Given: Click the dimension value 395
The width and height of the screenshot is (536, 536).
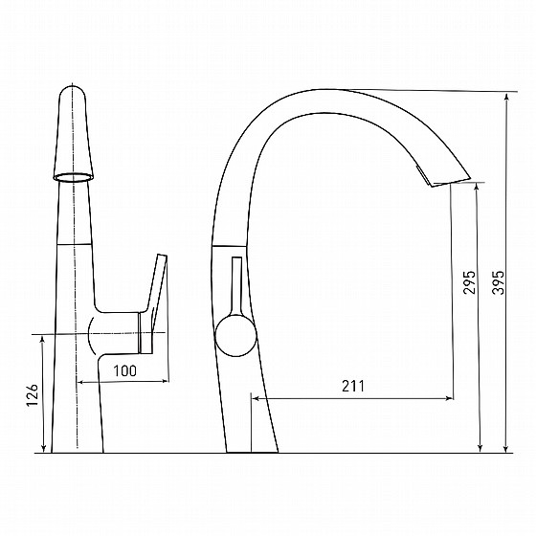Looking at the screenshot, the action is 499,282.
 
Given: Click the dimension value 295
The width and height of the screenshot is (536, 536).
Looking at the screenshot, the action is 469,282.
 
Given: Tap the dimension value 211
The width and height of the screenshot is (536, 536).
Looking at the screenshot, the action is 353,386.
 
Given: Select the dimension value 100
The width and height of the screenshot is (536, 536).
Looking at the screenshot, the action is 124,370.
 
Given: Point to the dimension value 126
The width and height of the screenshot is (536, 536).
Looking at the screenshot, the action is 33,394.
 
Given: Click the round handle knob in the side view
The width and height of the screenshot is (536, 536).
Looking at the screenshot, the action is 235,336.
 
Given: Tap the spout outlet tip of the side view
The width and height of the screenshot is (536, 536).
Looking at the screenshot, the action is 451,182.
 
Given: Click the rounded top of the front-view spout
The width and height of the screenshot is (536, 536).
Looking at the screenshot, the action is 72,90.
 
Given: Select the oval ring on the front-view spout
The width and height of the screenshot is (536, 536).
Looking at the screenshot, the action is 73,177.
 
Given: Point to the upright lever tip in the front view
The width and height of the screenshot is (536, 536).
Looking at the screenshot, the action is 162,257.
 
